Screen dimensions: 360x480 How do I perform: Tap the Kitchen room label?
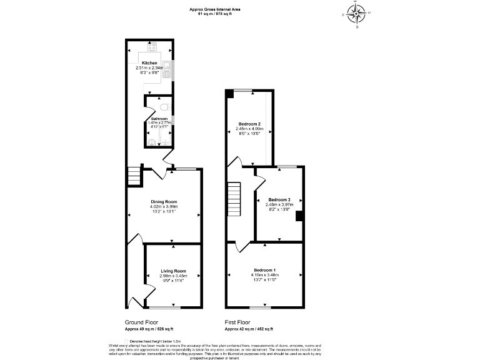[x=149, y=63]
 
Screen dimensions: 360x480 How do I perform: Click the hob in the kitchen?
[x=152, y=47]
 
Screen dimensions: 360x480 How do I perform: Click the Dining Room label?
[x=164, y=202]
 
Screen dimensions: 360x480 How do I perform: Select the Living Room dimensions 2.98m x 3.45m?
[x=172, y=276]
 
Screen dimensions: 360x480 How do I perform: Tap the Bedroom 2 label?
[x=249, y=124]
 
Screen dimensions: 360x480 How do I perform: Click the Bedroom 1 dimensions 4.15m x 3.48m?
[x=266, y=274]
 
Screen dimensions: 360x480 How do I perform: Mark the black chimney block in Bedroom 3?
[x=299, y=216]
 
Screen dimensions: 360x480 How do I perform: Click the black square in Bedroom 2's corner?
[x=230, y=93]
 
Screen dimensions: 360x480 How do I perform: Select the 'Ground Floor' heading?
[x=141, y=322]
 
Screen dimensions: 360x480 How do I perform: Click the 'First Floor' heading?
[x=238, y=322]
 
